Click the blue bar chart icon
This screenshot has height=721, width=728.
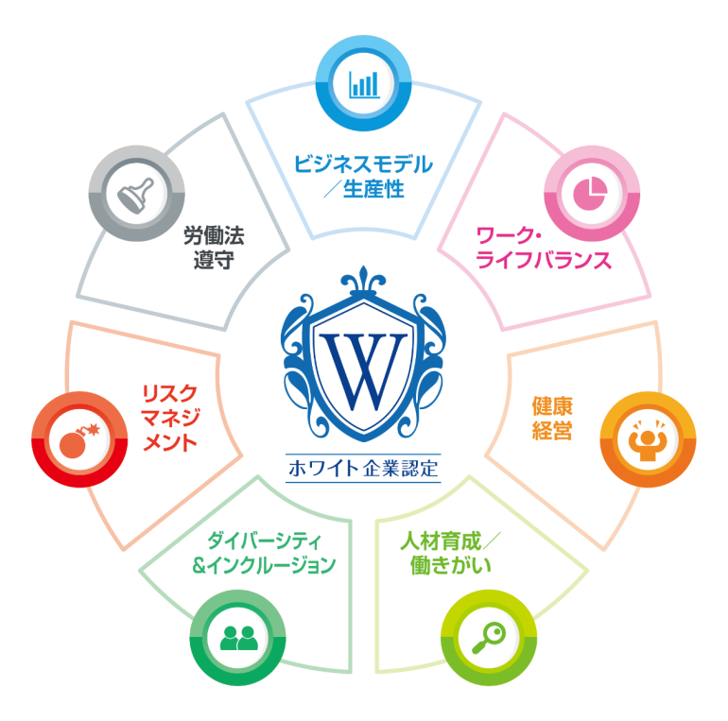[364, 84]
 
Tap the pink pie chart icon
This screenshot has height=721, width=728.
[590, 194]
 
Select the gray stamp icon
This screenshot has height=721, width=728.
[135, 195]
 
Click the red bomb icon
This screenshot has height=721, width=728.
[78, 439]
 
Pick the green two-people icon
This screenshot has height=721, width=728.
[238, 638]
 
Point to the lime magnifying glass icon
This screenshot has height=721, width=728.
[489, 638]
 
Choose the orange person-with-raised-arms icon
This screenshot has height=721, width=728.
[648, 439]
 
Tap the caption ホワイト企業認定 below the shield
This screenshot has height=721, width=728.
[363, 468]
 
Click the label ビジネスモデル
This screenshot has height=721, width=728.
[363, 164]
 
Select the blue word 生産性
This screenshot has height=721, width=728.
[373, 189]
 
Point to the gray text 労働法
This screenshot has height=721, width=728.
[214, 235]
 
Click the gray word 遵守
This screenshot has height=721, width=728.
[214, 260]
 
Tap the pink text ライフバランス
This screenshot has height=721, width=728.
[544, 260]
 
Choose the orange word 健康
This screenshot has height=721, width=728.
[552, 406]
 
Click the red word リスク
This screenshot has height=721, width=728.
[170, 394]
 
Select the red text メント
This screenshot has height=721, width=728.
[170, 442]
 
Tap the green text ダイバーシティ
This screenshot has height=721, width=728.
[264, 541]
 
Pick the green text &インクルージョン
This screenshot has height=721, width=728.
[264, 565]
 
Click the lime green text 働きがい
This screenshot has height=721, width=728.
[450, 566]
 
